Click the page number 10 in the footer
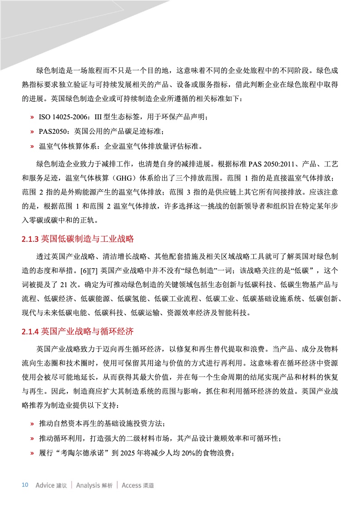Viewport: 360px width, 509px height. (25, 485)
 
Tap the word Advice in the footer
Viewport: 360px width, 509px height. (45, 485)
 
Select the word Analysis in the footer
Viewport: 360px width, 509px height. (88, 485)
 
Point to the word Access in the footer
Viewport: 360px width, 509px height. (132, 485)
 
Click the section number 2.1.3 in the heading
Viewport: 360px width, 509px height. (30, 239)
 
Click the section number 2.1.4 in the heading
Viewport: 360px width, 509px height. (30, 332)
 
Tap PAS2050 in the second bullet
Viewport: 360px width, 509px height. (54, 132)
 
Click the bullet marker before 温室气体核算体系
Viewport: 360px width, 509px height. (32, 147)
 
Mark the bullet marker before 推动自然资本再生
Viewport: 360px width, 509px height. (32, 424)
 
